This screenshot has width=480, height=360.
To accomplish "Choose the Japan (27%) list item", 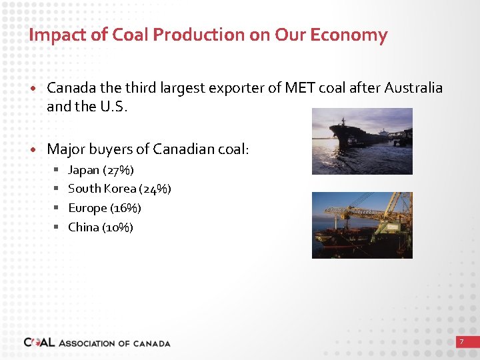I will [x=101, y=170].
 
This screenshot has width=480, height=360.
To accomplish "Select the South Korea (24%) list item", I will [x=119, y=189].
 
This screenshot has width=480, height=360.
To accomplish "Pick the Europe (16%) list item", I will [x=105, y=208].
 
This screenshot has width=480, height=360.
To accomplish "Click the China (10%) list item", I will [x=101, y=227].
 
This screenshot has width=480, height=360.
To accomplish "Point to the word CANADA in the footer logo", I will [x=152, y=343].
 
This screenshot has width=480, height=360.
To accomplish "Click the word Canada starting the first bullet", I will [x=69, y=88].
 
